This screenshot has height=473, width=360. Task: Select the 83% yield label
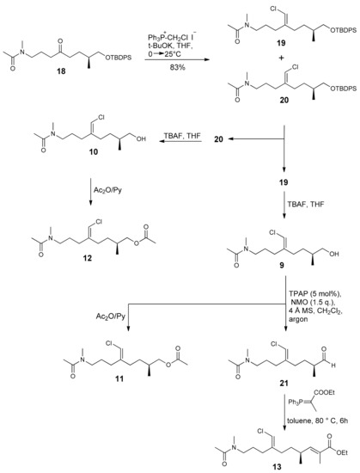pos(177,67)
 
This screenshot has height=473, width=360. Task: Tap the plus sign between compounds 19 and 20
pos(281,58)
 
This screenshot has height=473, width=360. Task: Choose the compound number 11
pos(119,378)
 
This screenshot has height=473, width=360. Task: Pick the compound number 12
pos(88,258)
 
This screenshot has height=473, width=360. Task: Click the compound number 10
pos(93,151)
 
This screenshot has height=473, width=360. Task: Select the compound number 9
pos(282,267)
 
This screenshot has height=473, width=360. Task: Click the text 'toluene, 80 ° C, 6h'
pos(317,420)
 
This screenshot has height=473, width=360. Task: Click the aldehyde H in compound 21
pos(333,365)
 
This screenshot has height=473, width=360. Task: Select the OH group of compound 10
pos(141,139)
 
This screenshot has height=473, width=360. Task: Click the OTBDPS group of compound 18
pos(119,58)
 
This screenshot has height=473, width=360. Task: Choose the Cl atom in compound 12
pos(99,223)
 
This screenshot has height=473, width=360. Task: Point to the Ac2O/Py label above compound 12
pos(107,190)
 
